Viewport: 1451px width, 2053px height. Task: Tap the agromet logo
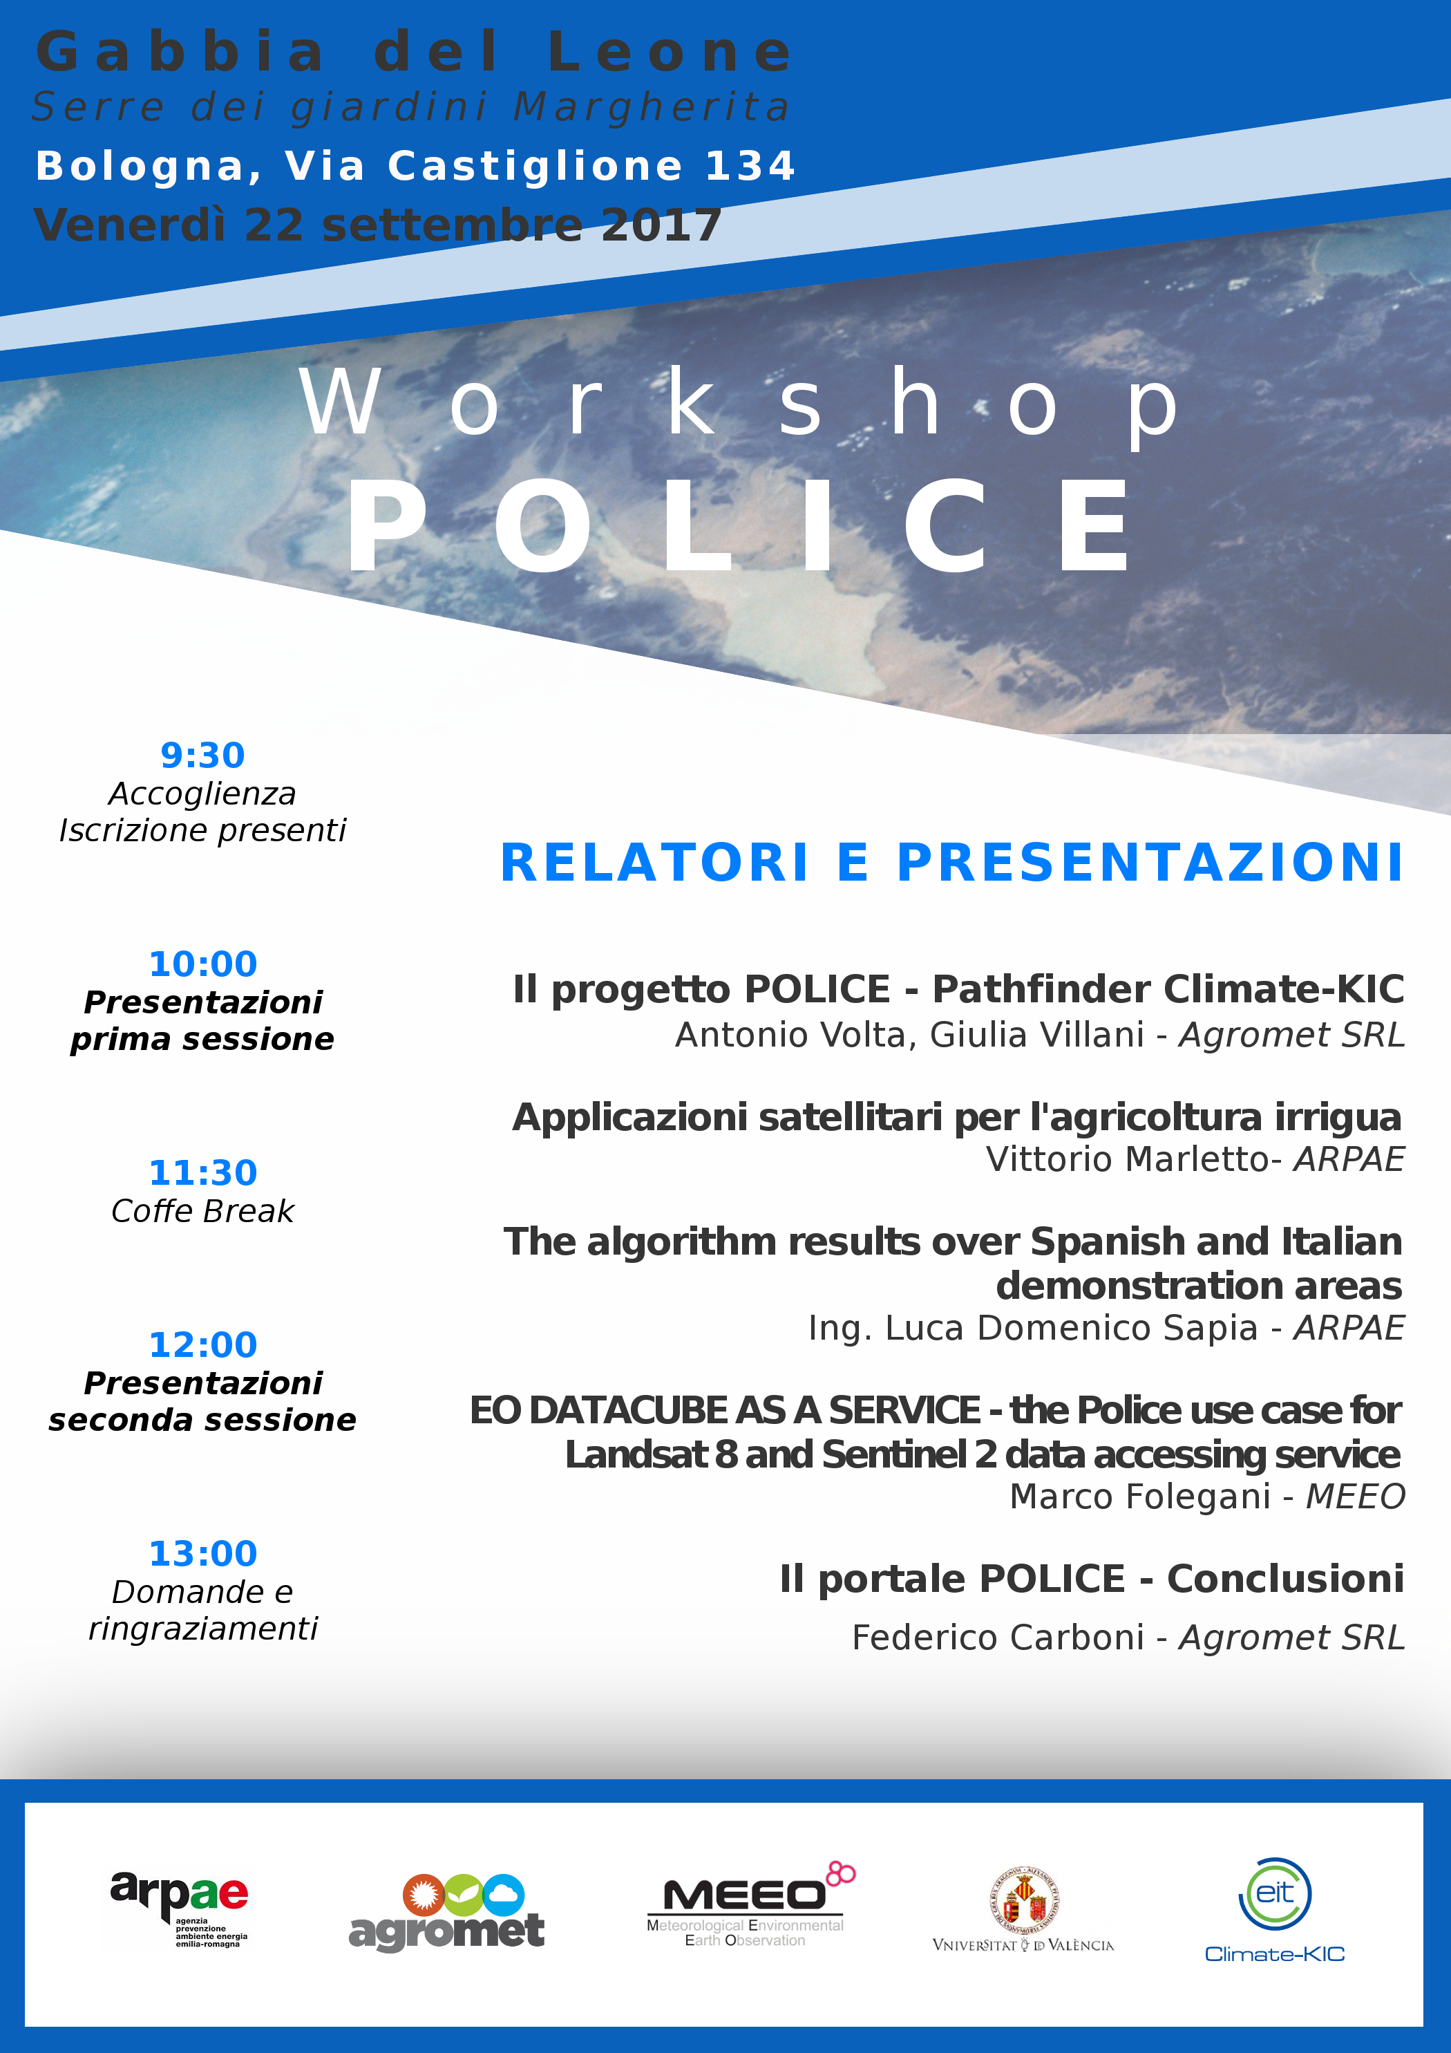446,1913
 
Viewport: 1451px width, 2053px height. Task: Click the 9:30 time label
203,756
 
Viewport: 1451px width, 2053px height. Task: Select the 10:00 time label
203,964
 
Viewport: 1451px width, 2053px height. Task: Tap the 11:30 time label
203,1172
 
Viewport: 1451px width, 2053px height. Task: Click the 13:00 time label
203,1553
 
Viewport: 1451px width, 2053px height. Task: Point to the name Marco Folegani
1140,1496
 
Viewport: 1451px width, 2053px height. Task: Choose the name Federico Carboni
998,1637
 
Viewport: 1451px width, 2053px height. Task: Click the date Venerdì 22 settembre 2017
378,225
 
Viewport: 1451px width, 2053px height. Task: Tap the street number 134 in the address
750,167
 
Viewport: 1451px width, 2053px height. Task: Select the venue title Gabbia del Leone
414,52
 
